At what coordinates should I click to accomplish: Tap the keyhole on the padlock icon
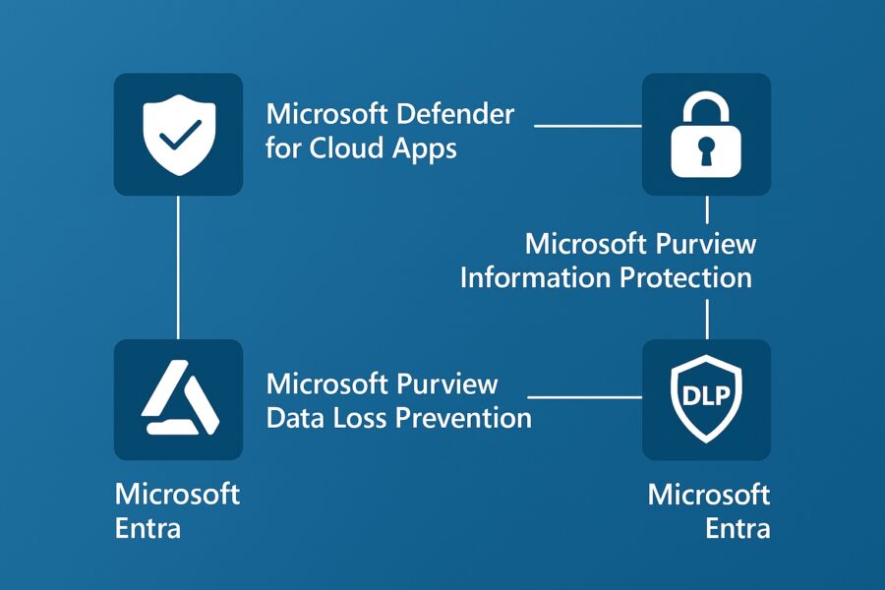706,149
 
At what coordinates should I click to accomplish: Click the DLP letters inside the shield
706,395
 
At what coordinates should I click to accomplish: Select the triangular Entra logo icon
177,400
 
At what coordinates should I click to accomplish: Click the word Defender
455,113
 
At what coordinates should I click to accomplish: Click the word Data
295,417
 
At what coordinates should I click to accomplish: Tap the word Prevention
464,417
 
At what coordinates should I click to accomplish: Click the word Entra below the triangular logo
148,527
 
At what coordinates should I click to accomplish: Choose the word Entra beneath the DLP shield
737,527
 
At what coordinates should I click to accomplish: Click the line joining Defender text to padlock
587,126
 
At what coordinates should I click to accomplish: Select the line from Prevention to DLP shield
586,398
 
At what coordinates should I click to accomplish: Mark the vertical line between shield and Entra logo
178,265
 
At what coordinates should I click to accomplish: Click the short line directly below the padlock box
706,209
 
